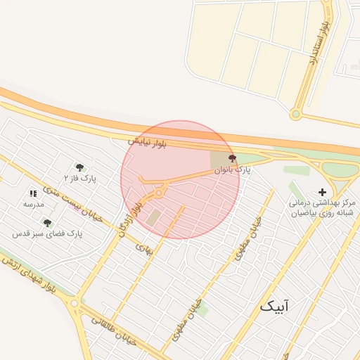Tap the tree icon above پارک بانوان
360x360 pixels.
click(x=233, y=159)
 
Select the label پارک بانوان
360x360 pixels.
click(x=233, y=170)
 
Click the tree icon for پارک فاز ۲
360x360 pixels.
click(x=79, y=167)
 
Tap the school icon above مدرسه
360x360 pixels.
click(x=33, y=193)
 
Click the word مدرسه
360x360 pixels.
click(x=33, y=204)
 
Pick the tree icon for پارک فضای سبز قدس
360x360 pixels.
click(x=47, y=223)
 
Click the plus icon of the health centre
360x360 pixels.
click(x=323, y=192)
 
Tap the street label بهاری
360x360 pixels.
click(x=143, y=249)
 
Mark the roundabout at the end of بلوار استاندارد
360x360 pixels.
click(x=296, y=114)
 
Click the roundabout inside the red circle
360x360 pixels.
click(x=160, y=192)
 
